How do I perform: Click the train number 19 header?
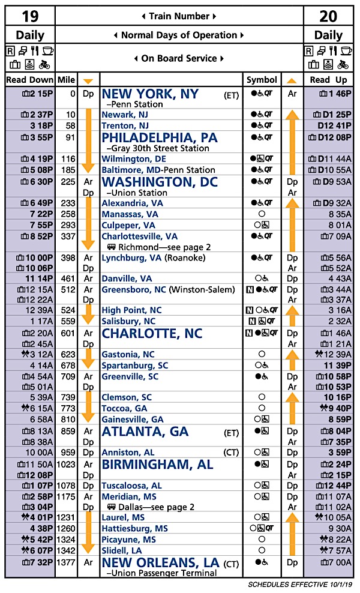(x=30, y=16)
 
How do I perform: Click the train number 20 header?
(x=328, y=16)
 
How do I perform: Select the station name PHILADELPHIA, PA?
(x=160, y=137)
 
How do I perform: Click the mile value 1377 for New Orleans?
(x=66, y=562)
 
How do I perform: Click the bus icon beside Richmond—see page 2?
(x=111, y=247)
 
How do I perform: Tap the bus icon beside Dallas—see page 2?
(x=111, y=507)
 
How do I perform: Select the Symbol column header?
(x=262, y=80)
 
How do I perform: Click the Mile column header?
(x=66, y=80)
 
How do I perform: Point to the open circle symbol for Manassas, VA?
(x=262, y=214)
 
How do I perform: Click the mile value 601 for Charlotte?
(x=68, y=333)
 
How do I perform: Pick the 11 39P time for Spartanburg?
(x=338, y=366)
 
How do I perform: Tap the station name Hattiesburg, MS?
(x=134, y=528)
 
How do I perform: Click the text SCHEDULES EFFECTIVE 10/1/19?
(x=300, y=585)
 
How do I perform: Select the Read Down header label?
(x=30, y=80)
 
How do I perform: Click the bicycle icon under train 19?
(x=44, y=65)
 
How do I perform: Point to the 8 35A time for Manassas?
(x=340, y=214)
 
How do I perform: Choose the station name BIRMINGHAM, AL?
(x=157, y=465)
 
